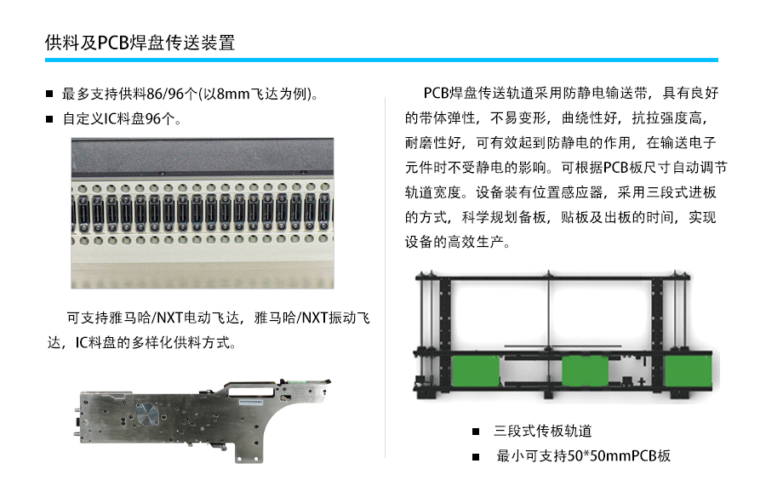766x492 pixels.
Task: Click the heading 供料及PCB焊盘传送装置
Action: click(x=140, y=43)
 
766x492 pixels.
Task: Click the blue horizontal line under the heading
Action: click(x=381, y=60)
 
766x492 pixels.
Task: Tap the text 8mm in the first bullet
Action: click(x=233, y=94)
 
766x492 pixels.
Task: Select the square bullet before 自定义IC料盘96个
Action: click(x=49, y=118)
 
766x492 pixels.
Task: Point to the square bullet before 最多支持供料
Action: click(x=49, y=94)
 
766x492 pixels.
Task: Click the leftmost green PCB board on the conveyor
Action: click(x=476, y=371)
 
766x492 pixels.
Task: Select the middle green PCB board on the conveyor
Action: click(x=586, y=371)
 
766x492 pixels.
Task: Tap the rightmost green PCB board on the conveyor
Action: click(x=689, y=372)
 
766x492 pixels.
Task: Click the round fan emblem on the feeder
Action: click(x=147, y=414)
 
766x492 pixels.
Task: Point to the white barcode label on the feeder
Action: click(x=251, y=402)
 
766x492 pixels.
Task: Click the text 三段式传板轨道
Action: click(x=543, y=431)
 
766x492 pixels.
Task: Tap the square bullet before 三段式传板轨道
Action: click(x=476, y=432)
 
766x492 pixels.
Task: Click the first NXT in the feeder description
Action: click(x=169, y=318)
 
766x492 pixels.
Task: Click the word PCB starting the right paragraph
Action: click(x=436, y=93)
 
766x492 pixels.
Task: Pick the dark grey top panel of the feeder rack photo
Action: click(x=203, y=157)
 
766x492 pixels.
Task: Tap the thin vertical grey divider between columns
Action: click(x=385, y=277)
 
